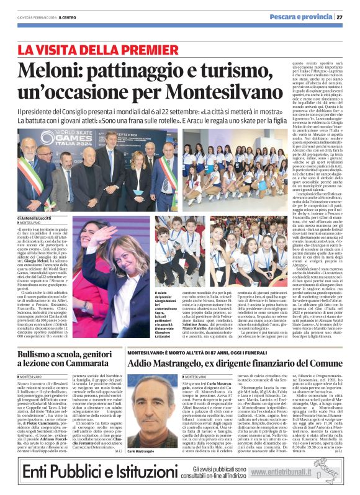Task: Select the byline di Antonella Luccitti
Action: click(39, 218)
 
